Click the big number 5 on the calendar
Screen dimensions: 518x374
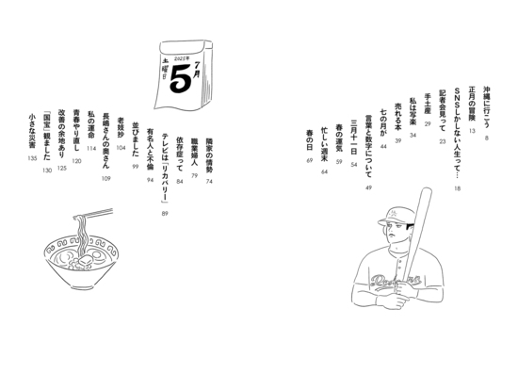coord(181,78)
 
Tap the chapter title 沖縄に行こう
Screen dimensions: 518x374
coord(486,106)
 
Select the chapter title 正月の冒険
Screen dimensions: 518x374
coord(472,104)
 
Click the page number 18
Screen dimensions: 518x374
coord(457,188)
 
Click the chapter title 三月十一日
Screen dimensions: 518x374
coord(354,138)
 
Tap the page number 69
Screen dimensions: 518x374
coord(310,160)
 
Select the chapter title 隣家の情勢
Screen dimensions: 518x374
coord(209,154)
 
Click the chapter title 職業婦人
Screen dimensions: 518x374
coord(194,152)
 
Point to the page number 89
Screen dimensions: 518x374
coord(165,214)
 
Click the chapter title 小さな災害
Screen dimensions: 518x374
coord(32,131)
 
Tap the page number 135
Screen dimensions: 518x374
coord(32,158)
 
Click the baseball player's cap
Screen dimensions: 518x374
coord(396,217)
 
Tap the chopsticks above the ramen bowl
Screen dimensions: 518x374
coord(93,213)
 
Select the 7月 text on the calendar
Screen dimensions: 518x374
coord(197,69)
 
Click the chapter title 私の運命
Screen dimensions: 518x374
coord(91,124)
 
